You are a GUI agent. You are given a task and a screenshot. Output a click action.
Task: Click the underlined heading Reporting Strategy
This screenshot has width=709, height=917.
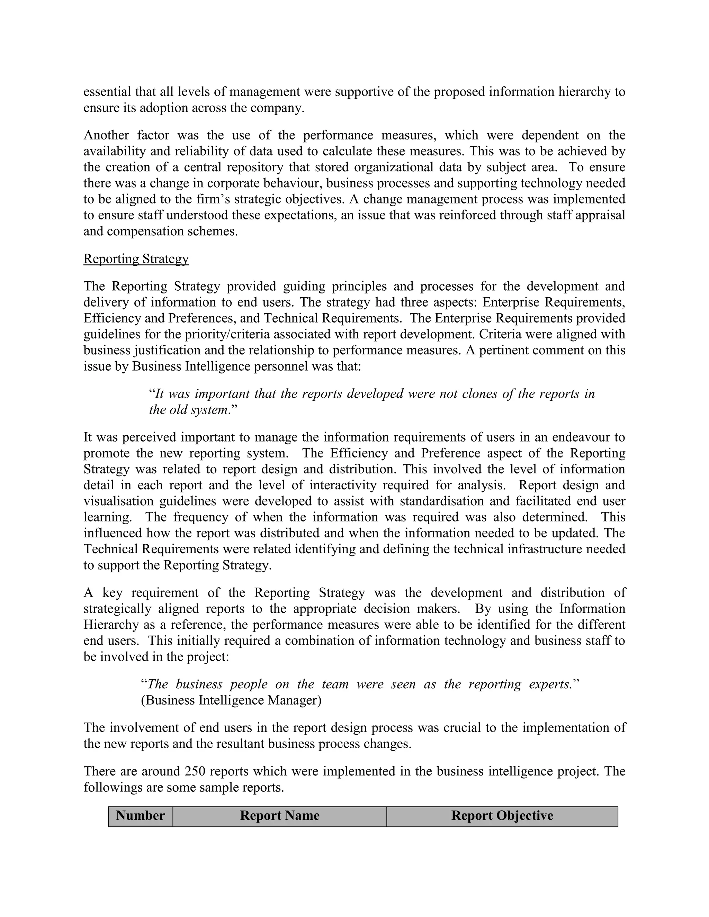[x=136, y=258]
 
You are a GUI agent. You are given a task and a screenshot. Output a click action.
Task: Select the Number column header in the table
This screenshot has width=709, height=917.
[x=140, y=815]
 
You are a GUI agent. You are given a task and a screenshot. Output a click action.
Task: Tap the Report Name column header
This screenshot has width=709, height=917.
[x=280, y=815]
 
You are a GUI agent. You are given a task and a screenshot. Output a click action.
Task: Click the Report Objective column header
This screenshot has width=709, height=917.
[x=502, y=815]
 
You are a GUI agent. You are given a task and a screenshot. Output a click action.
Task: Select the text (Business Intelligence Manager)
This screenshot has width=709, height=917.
[x=231, y=700]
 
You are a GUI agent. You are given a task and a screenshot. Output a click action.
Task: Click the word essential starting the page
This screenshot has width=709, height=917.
[x=107, y=92]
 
